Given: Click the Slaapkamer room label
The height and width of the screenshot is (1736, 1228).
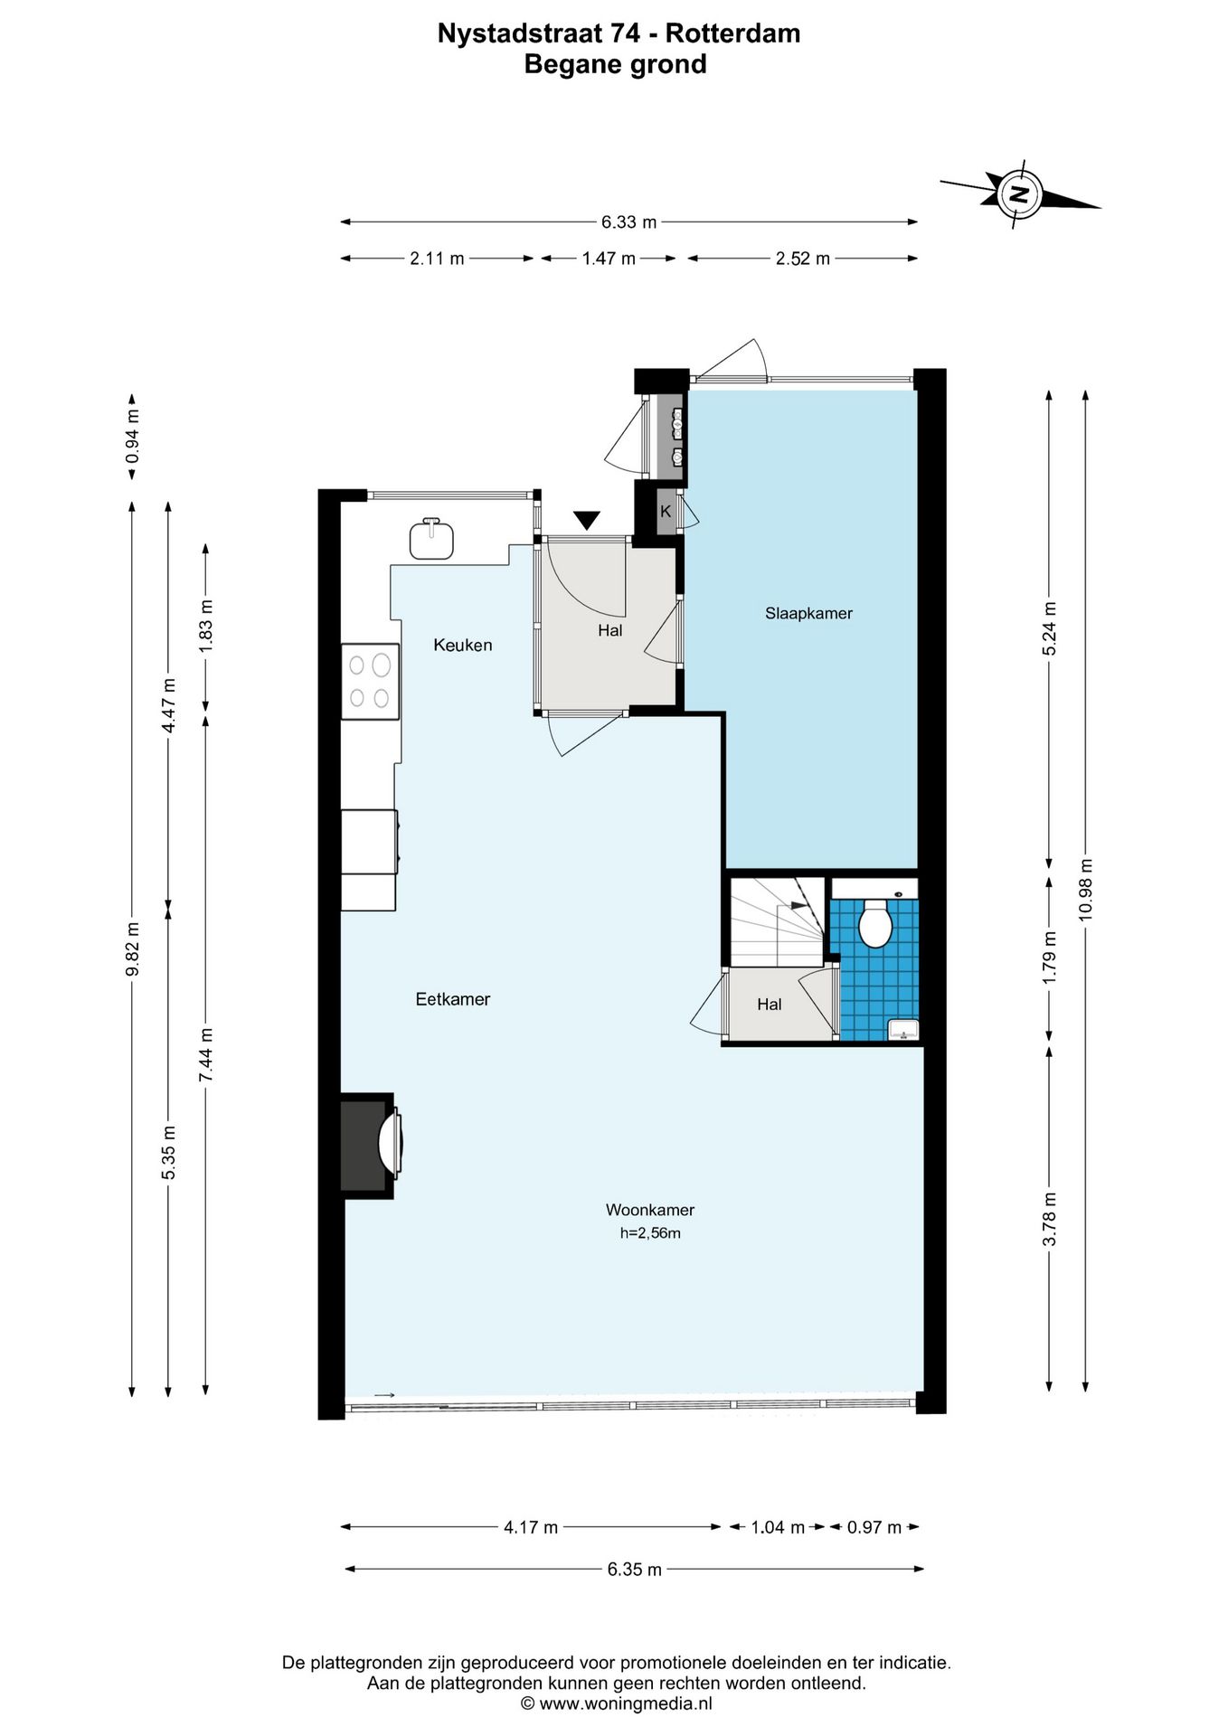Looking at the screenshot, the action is click(x=808, y=613).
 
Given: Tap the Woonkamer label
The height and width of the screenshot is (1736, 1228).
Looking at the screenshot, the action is click(x=649, y=1210).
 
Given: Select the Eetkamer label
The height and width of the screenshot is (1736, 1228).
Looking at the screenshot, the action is click(x=452, y=999).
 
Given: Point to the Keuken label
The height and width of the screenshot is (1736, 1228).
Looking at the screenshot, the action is click(x=462, y=645).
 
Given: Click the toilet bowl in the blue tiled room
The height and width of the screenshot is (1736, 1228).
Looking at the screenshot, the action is click(x=874, y=923).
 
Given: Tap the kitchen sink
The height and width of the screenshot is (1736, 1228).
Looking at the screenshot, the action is click(x=431, y=539).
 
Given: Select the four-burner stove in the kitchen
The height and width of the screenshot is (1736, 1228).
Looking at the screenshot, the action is click(x=370, y=682).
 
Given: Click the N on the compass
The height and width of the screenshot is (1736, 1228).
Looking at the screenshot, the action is click(x=1020, y=193).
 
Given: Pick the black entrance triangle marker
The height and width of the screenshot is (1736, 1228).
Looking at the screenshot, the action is click(x=587, y=521).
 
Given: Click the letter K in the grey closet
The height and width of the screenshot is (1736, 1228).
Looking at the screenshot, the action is click(x=666, y=512).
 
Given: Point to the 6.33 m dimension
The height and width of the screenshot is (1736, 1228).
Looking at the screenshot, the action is click(x=629, y=222).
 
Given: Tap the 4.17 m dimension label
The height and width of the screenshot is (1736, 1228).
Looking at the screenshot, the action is click(x=531, y=1527).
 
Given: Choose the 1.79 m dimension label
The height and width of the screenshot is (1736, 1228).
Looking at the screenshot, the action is click(x=1050, y=958).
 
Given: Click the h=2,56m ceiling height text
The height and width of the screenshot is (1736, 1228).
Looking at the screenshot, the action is click(x=650, y=1233).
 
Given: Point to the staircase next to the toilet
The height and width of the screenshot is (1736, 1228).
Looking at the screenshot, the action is click(x=778, y=921).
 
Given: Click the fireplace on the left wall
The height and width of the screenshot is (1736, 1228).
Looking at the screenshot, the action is click(x=370, y=1146).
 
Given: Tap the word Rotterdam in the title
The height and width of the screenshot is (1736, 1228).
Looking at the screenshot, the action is click(x=733, y=33).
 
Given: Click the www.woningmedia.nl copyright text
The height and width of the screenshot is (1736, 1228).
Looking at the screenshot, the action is click(x=617, y=1703).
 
